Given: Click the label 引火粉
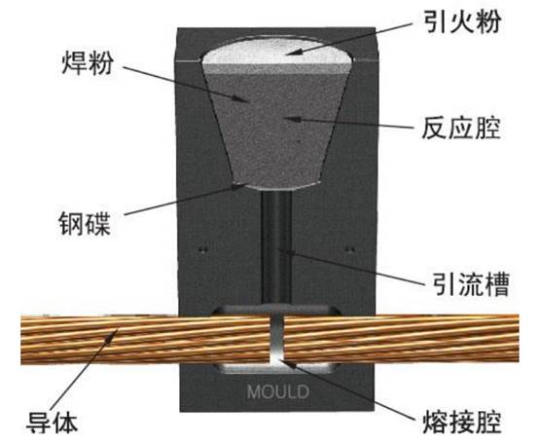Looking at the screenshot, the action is (462, 21).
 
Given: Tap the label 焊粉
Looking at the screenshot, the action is (88, 63).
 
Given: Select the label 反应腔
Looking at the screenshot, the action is (461, 128).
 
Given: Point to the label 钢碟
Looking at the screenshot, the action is (85, 224).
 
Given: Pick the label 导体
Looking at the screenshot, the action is (53, 422).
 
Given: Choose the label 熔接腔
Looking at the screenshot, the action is (462, 422).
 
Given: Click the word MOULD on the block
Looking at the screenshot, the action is (277, 391).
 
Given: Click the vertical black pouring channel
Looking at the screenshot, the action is (276, 247).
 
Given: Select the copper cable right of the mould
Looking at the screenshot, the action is (402, 339).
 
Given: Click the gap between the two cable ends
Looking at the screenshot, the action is (277, 340).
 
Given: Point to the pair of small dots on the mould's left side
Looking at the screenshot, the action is (204, 250).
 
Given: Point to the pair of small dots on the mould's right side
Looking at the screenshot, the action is (349, 249).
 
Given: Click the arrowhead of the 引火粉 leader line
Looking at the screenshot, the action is (292, 53).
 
